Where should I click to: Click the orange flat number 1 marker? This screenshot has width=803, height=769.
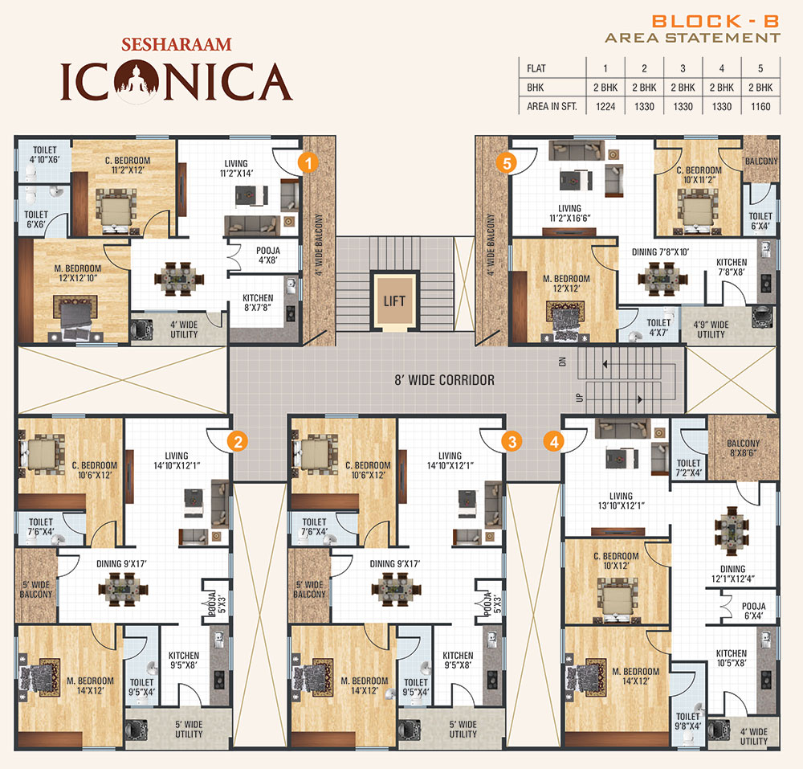point(308,163)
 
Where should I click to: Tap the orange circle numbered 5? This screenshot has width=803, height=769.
point(507,163)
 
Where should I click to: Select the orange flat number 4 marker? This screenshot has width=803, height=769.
point(554,441)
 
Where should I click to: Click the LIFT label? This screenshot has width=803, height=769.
point(394,301)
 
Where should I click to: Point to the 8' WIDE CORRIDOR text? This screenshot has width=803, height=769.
point(445,380)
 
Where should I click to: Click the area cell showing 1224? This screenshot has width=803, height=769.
point(605,107)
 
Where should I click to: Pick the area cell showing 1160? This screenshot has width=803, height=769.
point(760,107)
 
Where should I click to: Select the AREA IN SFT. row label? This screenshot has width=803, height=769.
point(552,107)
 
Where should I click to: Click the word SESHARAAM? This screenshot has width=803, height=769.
point(177,44)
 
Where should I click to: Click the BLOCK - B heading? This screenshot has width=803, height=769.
point(715,22)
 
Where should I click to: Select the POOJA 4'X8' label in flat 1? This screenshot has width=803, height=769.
point(268,256)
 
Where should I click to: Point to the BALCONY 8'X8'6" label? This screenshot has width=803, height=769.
point(744,448)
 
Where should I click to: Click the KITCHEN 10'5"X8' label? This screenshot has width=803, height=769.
point(732,658)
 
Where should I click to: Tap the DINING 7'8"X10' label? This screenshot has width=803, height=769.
point(660,252)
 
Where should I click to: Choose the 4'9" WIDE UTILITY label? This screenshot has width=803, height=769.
point(711,329)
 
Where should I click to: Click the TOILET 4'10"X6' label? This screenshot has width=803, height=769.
point(44,155)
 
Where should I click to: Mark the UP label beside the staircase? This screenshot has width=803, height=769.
point(580,398)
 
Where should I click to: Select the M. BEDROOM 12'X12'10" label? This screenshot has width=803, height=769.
point(78,273)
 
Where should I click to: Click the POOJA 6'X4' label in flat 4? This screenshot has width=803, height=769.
point(754,611)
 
